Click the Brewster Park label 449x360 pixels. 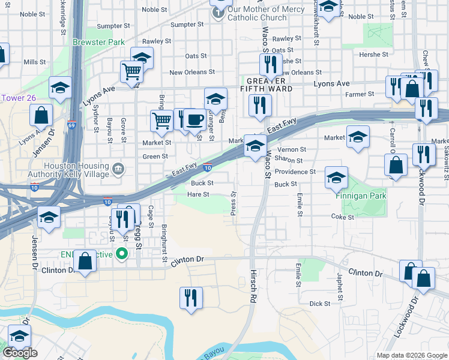pos(98,43)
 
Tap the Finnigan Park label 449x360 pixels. pos(361,196)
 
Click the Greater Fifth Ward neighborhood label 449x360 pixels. pos(270,85)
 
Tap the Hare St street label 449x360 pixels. pos(197,194)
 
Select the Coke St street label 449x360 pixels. pos(339,216)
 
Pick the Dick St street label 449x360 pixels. pos(320,304)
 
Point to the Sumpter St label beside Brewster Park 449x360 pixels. pos(113,26)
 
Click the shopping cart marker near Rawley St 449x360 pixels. pos(131,71)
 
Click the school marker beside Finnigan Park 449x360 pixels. pos(336,176)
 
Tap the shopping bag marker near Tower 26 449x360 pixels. pos(40,115)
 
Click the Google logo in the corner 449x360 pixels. pos(20,353)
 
